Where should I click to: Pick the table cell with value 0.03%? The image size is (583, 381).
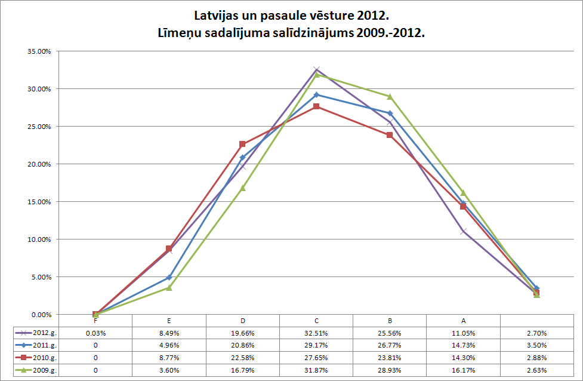click(95, 333)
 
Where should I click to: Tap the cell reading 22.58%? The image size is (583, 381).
click(243, 358)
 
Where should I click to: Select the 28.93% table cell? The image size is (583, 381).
click(390, 370)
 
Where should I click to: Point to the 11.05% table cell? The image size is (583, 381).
click(463, 333)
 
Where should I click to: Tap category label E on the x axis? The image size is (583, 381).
click(169, 321)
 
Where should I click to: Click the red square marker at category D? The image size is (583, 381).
click(242, 145)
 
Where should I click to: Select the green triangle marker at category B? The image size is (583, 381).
click(390, 97)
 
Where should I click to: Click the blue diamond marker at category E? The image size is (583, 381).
click(169, 277)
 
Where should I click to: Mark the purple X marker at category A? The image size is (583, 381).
click(463, 231)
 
